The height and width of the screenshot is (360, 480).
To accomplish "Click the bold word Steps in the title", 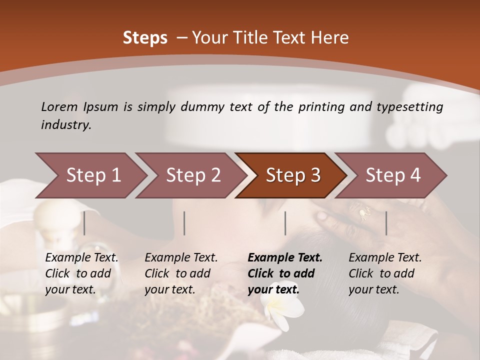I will point(145,38).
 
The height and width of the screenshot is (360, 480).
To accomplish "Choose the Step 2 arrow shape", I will point(192,175).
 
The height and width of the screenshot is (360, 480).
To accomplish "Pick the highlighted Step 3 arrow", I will point(292,175).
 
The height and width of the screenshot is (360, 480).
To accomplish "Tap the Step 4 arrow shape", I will point(392,175).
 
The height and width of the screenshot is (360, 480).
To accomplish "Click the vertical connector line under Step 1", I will point(84,223).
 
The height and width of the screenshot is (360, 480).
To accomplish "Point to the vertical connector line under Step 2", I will point(184,223).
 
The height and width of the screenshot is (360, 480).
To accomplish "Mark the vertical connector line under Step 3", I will point(285,223).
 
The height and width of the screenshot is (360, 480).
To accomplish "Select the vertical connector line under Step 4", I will point(386,223).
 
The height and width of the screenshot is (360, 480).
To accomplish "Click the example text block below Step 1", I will point(81,273).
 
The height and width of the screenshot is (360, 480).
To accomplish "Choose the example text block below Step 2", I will point(180,273).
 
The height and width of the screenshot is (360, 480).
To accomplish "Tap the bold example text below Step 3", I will point(284,273).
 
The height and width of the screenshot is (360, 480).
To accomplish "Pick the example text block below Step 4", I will point(384,273).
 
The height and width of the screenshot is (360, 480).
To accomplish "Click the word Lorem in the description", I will point(59,107).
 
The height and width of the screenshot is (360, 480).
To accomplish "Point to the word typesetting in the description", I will point(414,107).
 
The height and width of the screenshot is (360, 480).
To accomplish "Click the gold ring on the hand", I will point(364,213).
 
